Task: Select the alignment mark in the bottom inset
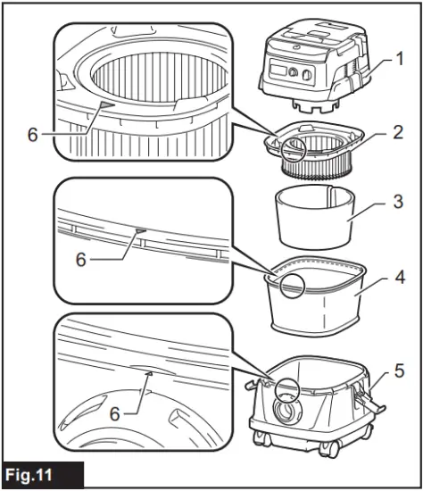point(148,374)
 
